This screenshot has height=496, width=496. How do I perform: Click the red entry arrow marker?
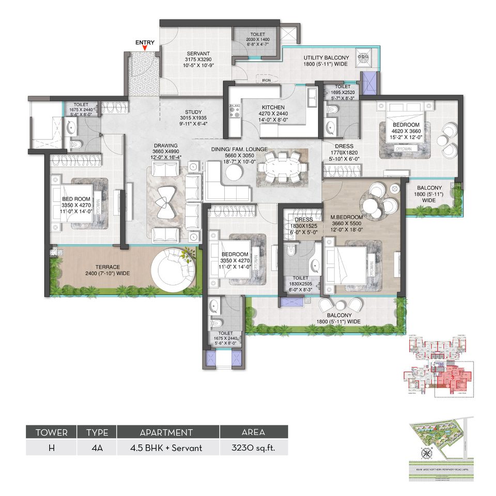tap(145, 49)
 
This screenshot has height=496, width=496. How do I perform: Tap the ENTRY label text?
tap(145, 42)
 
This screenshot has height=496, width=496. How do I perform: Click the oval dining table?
tap(282, 167)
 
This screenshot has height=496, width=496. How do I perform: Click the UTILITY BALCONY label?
tap(326, 58)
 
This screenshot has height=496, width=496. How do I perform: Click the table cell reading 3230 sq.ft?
tap(254, 447)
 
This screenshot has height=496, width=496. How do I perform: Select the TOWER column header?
tap(51, 432)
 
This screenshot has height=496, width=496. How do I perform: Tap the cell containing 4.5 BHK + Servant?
tap(168, 447)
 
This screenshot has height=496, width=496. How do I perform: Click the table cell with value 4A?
tap(97, 447)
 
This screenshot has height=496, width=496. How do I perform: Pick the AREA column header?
tap(254, 432)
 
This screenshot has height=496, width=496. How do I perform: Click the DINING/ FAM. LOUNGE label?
tap(239, 150)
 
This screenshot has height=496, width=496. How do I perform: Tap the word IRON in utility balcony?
tap(267, 81)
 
